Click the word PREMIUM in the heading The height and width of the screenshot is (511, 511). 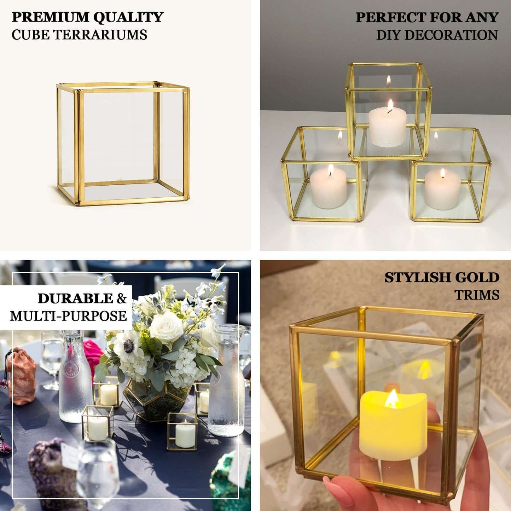click(x=50, y=17)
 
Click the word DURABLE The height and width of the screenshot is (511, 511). click(x=75, y=298)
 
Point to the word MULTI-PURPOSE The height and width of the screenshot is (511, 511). click(x=68, y=316)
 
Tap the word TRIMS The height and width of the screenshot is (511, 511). click(x=477, y=295)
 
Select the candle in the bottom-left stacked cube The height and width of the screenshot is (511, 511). click(x=329, y=188)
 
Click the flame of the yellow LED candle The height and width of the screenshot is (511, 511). click(x=392, y=400)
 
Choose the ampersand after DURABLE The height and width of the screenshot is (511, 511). click(x=122, y=299)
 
